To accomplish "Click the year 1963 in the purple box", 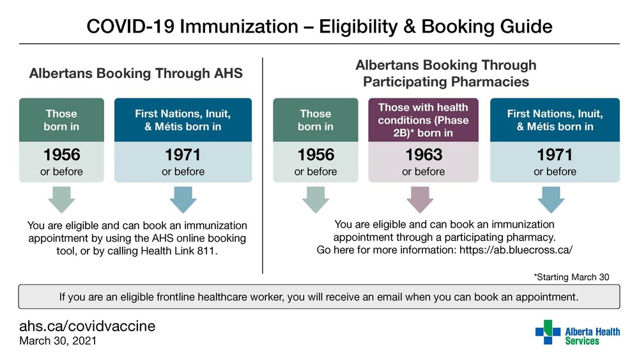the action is click(x=424, y=155).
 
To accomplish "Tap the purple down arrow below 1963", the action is click(x=420, y=200).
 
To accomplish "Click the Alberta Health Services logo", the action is click(x=578, y=333).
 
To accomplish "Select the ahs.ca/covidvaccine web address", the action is click(x=87, y=326).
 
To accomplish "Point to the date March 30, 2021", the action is click(x=58, y=341).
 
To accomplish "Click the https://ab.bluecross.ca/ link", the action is click(x=516, y=250).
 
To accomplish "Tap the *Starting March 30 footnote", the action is click(x=571, y=278).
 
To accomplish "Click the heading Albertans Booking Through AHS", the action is click(x=135, y=74).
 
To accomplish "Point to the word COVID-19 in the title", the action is click(x=130, y=26).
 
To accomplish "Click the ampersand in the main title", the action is click(x=409, y=26).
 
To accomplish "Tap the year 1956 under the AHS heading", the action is click(x=61, y=155).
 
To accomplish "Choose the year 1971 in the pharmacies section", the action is click(x=555, y=155).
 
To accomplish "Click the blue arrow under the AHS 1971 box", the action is click(x=183, y=200).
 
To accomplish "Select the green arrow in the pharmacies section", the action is click(x=316, y=200).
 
